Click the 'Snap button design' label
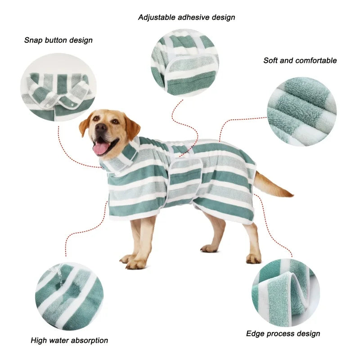pos(58,40)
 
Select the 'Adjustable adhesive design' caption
pos(186,18)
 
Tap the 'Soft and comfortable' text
pos(300,60)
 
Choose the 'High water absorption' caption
pos(69,340)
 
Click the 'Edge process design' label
pos(283,333)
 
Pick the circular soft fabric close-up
pos(301,112)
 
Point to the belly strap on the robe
pos(184,180)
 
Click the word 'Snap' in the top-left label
pos(33,40)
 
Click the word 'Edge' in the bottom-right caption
pos(255,333)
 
